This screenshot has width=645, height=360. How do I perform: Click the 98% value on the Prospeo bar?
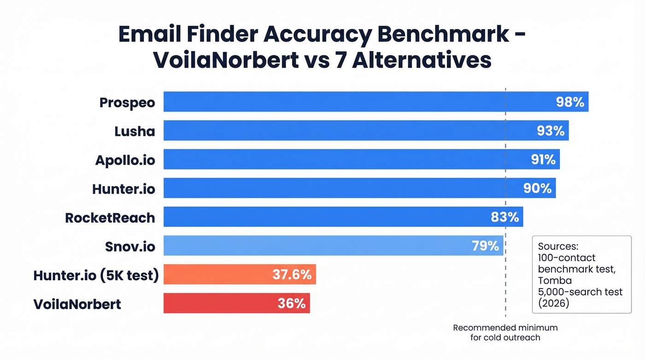[570, 102]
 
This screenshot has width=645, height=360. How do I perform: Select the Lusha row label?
[135, 131]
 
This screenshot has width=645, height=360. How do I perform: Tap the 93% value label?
[551, 131]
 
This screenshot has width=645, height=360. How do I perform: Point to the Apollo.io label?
[125, 160]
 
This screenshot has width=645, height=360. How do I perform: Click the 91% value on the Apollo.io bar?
[543, 159]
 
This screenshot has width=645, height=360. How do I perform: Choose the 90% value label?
[537, 188]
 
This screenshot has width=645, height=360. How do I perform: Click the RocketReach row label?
[110, 218]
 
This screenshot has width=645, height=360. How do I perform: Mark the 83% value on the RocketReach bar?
[505, 217]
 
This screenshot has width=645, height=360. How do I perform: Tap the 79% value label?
[485, 246]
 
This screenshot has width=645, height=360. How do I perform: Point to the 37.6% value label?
[292, 275]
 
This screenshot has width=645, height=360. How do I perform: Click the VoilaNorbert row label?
[77, 304]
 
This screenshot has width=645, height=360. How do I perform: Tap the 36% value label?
[291, 303]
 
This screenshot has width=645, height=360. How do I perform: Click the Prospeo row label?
[127, 102]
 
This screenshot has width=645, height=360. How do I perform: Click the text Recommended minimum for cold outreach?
[505, 332]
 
